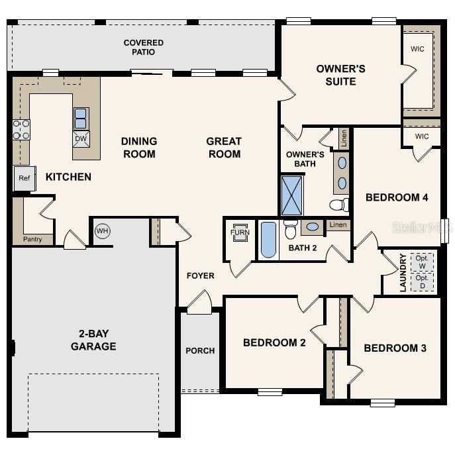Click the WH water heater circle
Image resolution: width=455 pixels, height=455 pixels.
102,231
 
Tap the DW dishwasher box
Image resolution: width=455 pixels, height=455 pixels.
81,138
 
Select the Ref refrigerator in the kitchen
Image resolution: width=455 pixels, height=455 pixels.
25,178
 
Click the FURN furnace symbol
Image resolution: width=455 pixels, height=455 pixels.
239,232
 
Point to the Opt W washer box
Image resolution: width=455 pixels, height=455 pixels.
422,262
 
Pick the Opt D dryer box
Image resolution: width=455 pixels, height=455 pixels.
422,281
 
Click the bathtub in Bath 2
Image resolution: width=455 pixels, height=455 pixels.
268,240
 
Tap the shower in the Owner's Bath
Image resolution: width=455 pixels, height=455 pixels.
291,195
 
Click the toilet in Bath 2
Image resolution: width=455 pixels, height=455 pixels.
290,229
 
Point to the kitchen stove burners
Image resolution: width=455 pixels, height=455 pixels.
21,130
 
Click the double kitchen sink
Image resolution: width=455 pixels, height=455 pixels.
81,118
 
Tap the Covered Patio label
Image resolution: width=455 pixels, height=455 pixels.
143,47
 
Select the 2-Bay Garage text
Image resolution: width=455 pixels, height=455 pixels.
93,340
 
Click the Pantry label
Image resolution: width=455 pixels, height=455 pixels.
33,238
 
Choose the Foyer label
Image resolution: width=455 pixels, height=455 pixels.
200,276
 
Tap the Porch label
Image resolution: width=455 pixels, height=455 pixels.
200,350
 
